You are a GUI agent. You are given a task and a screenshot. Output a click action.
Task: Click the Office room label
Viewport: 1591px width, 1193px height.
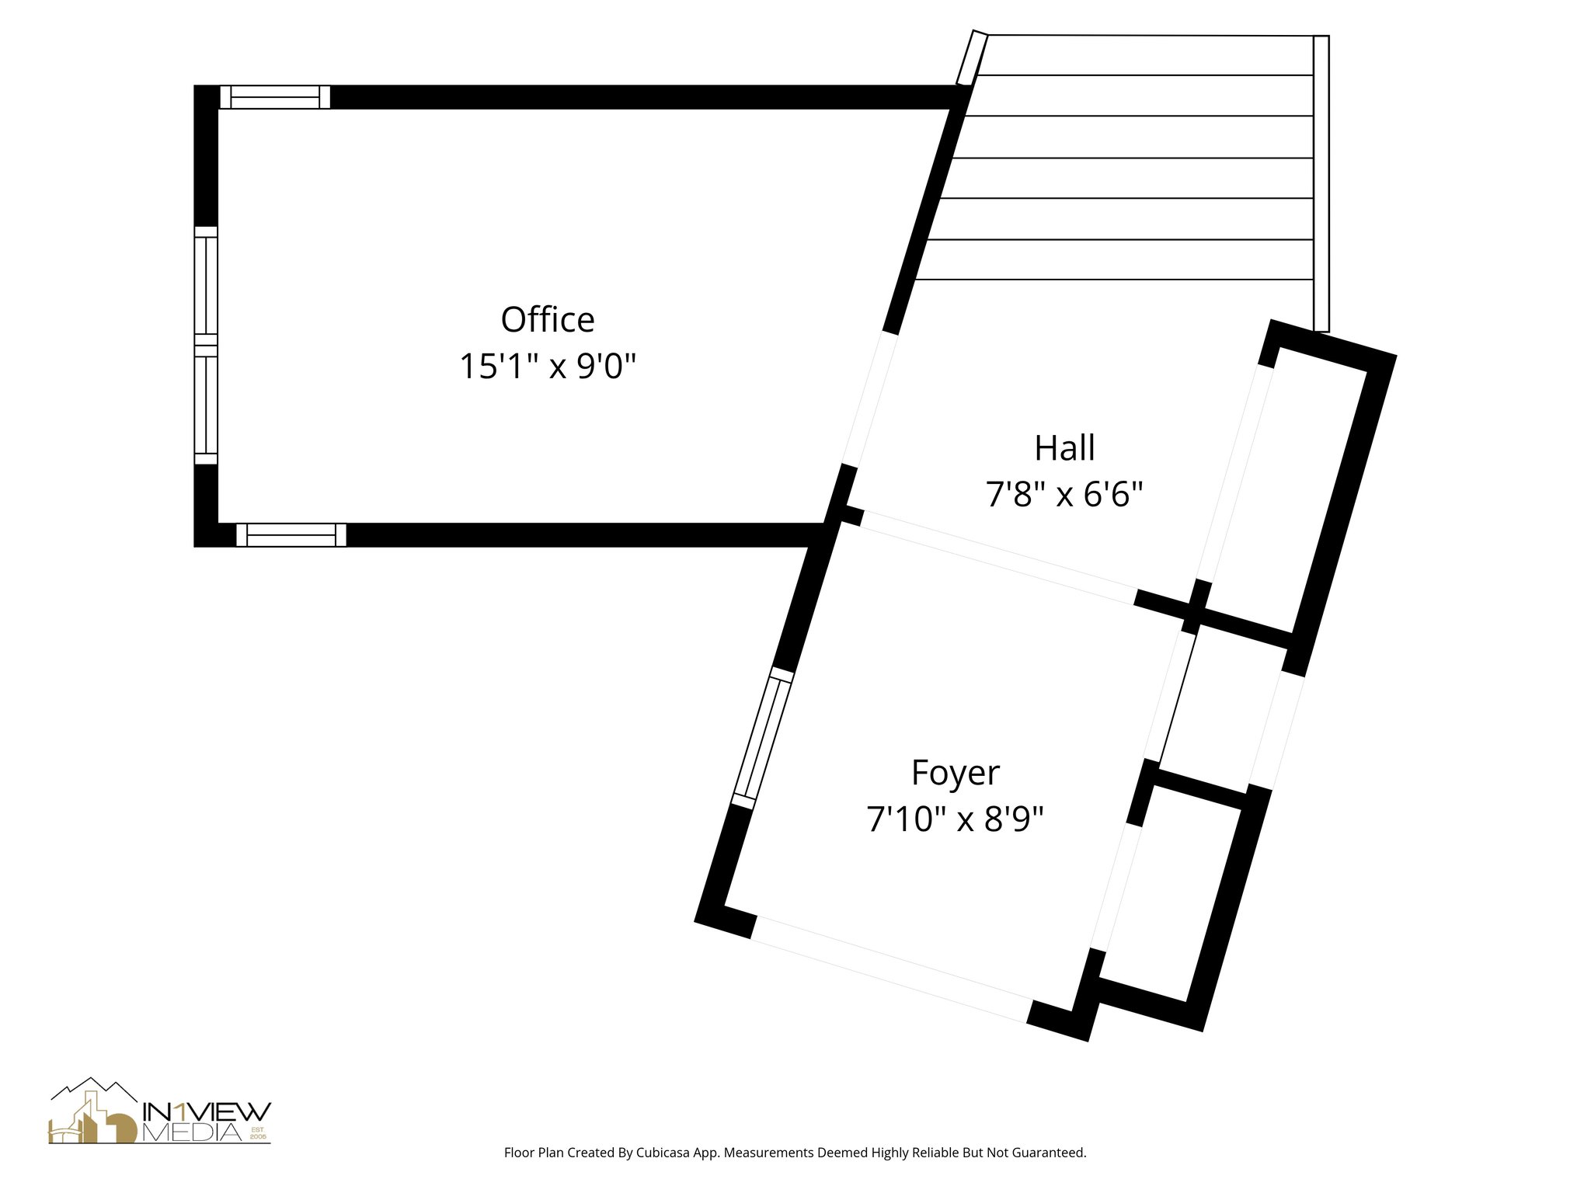pos(548,319)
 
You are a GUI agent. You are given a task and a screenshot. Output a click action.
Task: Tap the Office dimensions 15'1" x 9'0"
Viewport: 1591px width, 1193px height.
pos(548,366)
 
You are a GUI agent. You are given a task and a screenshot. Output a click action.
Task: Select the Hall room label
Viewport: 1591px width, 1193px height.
pos(1064,448)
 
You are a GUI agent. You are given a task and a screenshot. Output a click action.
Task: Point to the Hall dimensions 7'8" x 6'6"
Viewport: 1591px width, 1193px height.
pos(1064,494)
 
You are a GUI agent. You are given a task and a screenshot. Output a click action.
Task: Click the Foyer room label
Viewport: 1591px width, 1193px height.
pos(955,774)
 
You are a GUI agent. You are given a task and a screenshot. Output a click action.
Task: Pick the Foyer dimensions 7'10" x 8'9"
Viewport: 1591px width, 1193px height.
pos(955,819)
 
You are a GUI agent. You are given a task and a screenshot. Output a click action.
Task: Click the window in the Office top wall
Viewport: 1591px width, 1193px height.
pos(275,97)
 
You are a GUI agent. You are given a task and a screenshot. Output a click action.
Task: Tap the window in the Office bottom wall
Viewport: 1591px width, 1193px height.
pos(291,535)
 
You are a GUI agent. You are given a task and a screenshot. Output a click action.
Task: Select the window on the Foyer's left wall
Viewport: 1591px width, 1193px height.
pos(763,738)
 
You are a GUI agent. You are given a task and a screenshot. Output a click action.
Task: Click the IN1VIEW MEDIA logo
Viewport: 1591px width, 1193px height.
pos(160,1111)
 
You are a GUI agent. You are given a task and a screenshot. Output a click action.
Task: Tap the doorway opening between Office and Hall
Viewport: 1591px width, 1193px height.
pos(870,400)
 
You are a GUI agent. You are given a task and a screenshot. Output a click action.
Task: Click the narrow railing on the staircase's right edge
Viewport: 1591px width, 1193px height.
pos(1321,183)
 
